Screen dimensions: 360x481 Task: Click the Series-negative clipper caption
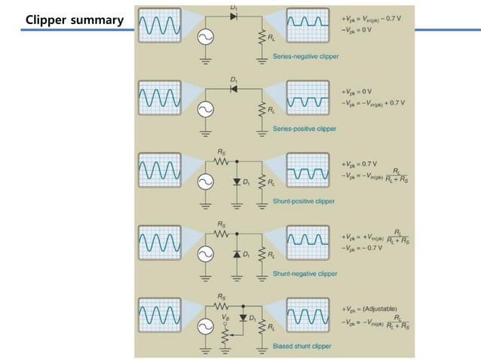pos(305,56)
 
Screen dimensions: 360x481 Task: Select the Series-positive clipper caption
pos(305,129)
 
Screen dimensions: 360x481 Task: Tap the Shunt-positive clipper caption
pos(304,201)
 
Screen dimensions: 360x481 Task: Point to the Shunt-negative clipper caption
pos(305,273)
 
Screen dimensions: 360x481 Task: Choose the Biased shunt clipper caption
pos(302,346)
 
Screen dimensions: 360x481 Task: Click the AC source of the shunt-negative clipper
pos(204,255)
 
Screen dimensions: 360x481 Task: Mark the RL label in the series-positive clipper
pos(271,110)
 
